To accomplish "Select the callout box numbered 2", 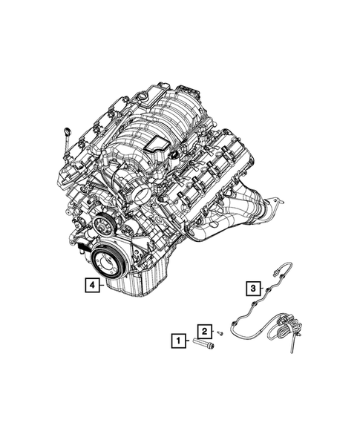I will click(x=202, y=330).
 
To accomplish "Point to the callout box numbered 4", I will click(x=90, y=284).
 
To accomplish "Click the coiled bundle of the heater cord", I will click(x=287, y=326).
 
